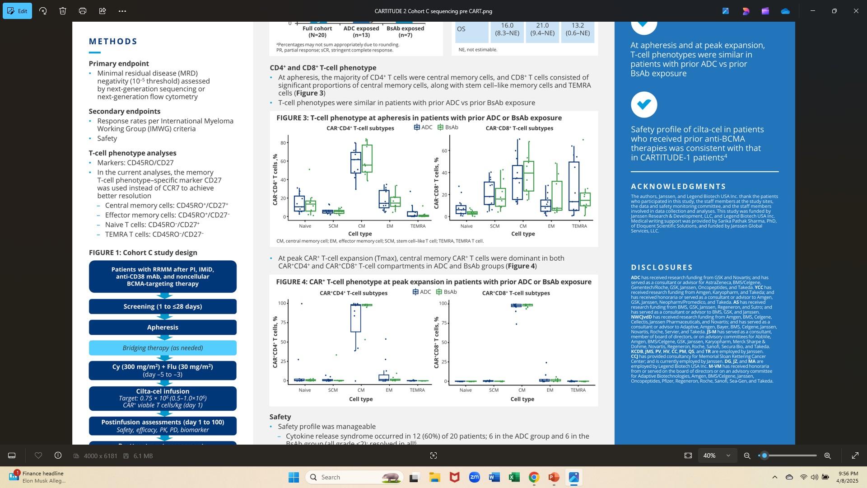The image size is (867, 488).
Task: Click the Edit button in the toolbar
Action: (x=17, y=11)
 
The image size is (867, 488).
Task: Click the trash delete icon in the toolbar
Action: (x=63, y=11)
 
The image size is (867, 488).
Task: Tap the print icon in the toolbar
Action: (x=83, y=11)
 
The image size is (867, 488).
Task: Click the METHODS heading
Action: (x=113, y=42)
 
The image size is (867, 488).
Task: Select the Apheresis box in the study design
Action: (x=163, y=327)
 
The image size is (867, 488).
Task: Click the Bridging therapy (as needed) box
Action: (x=163, y=348)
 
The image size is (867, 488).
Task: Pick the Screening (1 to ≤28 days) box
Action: (x=163, y=306)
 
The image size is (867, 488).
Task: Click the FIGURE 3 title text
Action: (x=419, y=118)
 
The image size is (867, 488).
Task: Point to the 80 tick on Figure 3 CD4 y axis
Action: (x=283, y=143)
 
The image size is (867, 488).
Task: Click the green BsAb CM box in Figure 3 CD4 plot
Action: (x=367, y=158)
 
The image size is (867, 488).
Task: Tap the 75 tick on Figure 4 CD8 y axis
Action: (x=444, y=323)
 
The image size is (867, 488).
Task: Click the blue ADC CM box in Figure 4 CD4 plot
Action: (x=355, y=319)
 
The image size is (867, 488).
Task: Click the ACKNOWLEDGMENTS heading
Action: (x=678, y=187)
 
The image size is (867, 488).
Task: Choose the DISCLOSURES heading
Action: (x=662, y=267)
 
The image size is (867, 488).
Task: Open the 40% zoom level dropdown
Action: (x=717, y=456)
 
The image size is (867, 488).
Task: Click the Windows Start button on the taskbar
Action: (x=294, y=477)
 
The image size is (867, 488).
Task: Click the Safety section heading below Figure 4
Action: (x=280, y=417)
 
